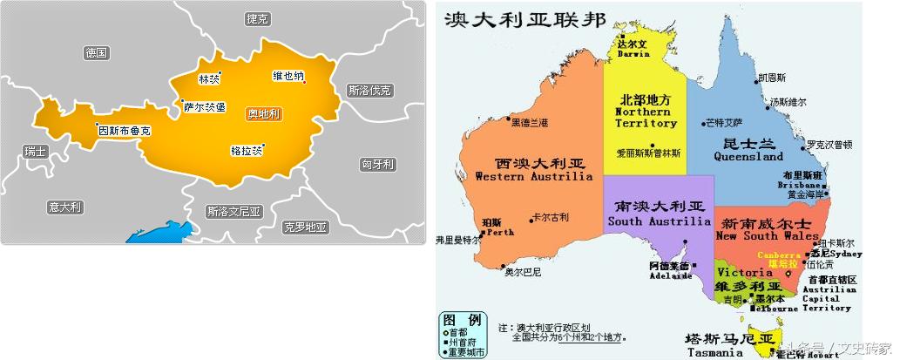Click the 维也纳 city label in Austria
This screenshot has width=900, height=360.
(x=288, y=76)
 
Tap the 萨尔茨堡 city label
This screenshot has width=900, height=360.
(x=205, y=107)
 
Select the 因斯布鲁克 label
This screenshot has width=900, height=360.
(x=125, y=131)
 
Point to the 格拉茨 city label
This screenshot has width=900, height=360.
(x=246, y=150)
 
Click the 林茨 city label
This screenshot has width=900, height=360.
(x=209, y=79)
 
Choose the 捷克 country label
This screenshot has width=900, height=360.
(x=258, y=18)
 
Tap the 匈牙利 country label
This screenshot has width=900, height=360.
(x=378, y=164)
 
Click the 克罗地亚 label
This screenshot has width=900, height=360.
(x=305, y=227)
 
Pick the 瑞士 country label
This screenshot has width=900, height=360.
(x=36, y=152)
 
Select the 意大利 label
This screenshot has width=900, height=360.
(x=64, y=207)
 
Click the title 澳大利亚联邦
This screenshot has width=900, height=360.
(x=513, y=18)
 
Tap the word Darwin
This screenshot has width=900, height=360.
(x=633, y=54)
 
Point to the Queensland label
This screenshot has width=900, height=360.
(x=748, y=158)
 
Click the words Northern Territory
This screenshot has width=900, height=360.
(x=646, y=118)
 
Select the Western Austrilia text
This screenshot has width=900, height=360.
(x=534, y=177)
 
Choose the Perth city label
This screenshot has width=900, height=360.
(x=501, y=233)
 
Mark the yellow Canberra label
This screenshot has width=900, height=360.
(x=777, y=255)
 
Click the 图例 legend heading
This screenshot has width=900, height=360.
(x=462, y=319)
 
